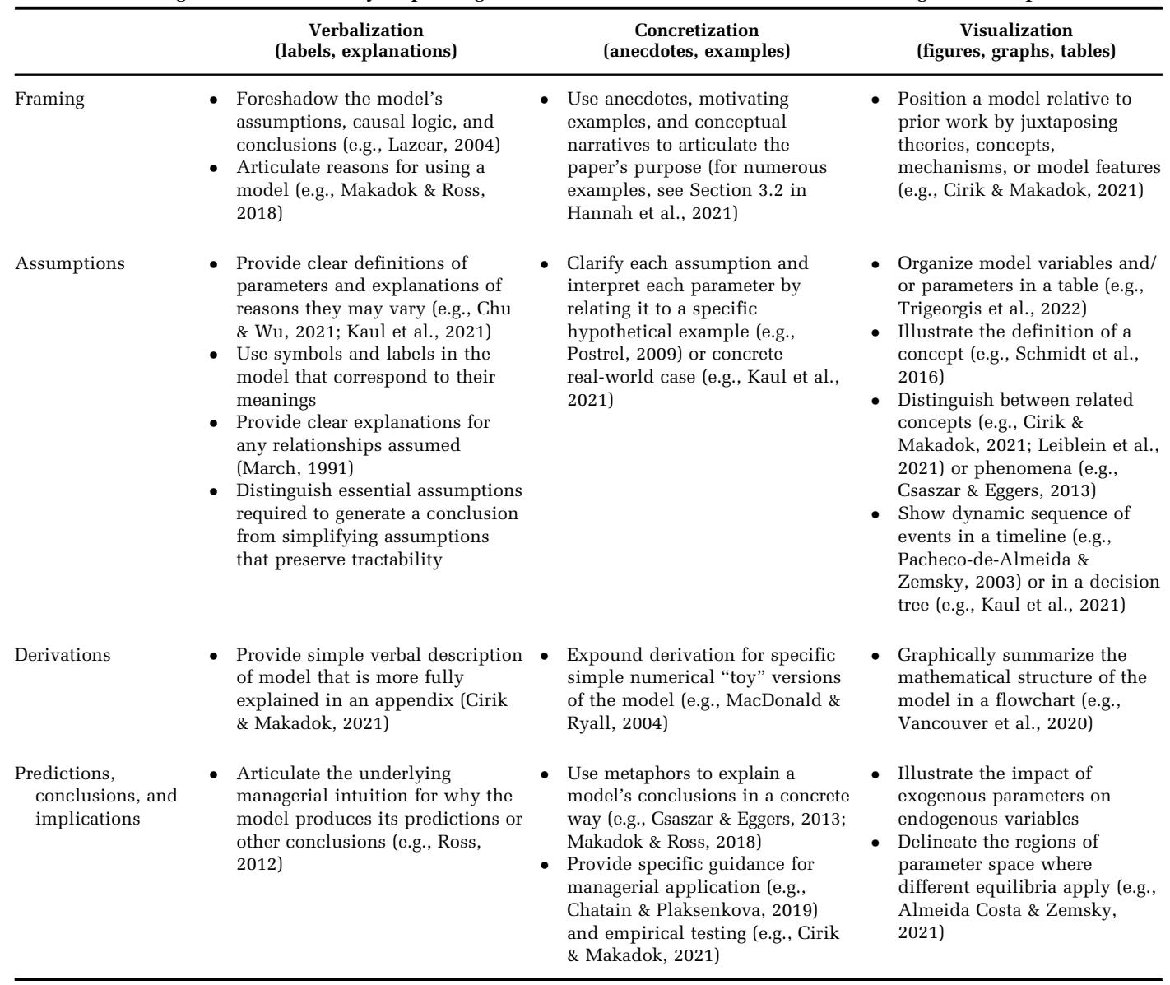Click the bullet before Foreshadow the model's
pyautogui.click(x=213, y=100)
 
